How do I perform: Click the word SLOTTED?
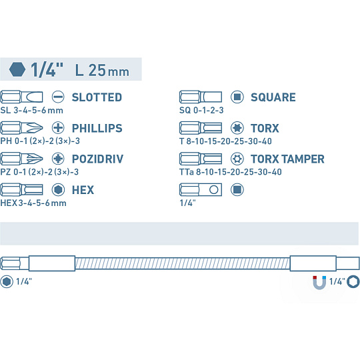pos(97,97)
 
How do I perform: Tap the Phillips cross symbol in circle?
pos(58,127)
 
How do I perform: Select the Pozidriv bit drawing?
pos(21,159)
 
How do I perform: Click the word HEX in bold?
pos(83,190)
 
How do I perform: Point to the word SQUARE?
pos(273,97)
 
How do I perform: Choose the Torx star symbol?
pos(237,127)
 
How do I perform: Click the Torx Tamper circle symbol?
pos(237,159)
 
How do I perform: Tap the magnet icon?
pos(319,282)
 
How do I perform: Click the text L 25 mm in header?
pos(102,70)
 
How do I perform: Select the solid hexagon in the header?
pos(17,69)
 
